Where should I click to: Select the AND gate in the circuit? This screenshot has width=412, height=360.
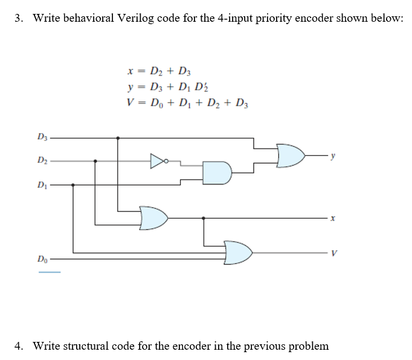215,173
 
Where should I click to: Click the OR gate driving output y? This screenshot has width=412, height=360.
291,155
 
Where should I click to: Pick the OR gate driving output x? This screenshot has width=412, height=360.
153,217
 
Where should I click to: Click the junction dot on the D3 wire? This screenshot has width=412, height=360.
117,138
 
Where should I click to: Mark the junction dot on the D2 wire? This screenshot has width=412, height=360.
95,161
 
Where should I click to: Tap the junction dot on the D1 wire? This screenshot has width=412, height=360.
73,185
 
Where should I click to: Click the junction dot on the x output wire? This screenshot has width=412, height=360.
204,217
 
